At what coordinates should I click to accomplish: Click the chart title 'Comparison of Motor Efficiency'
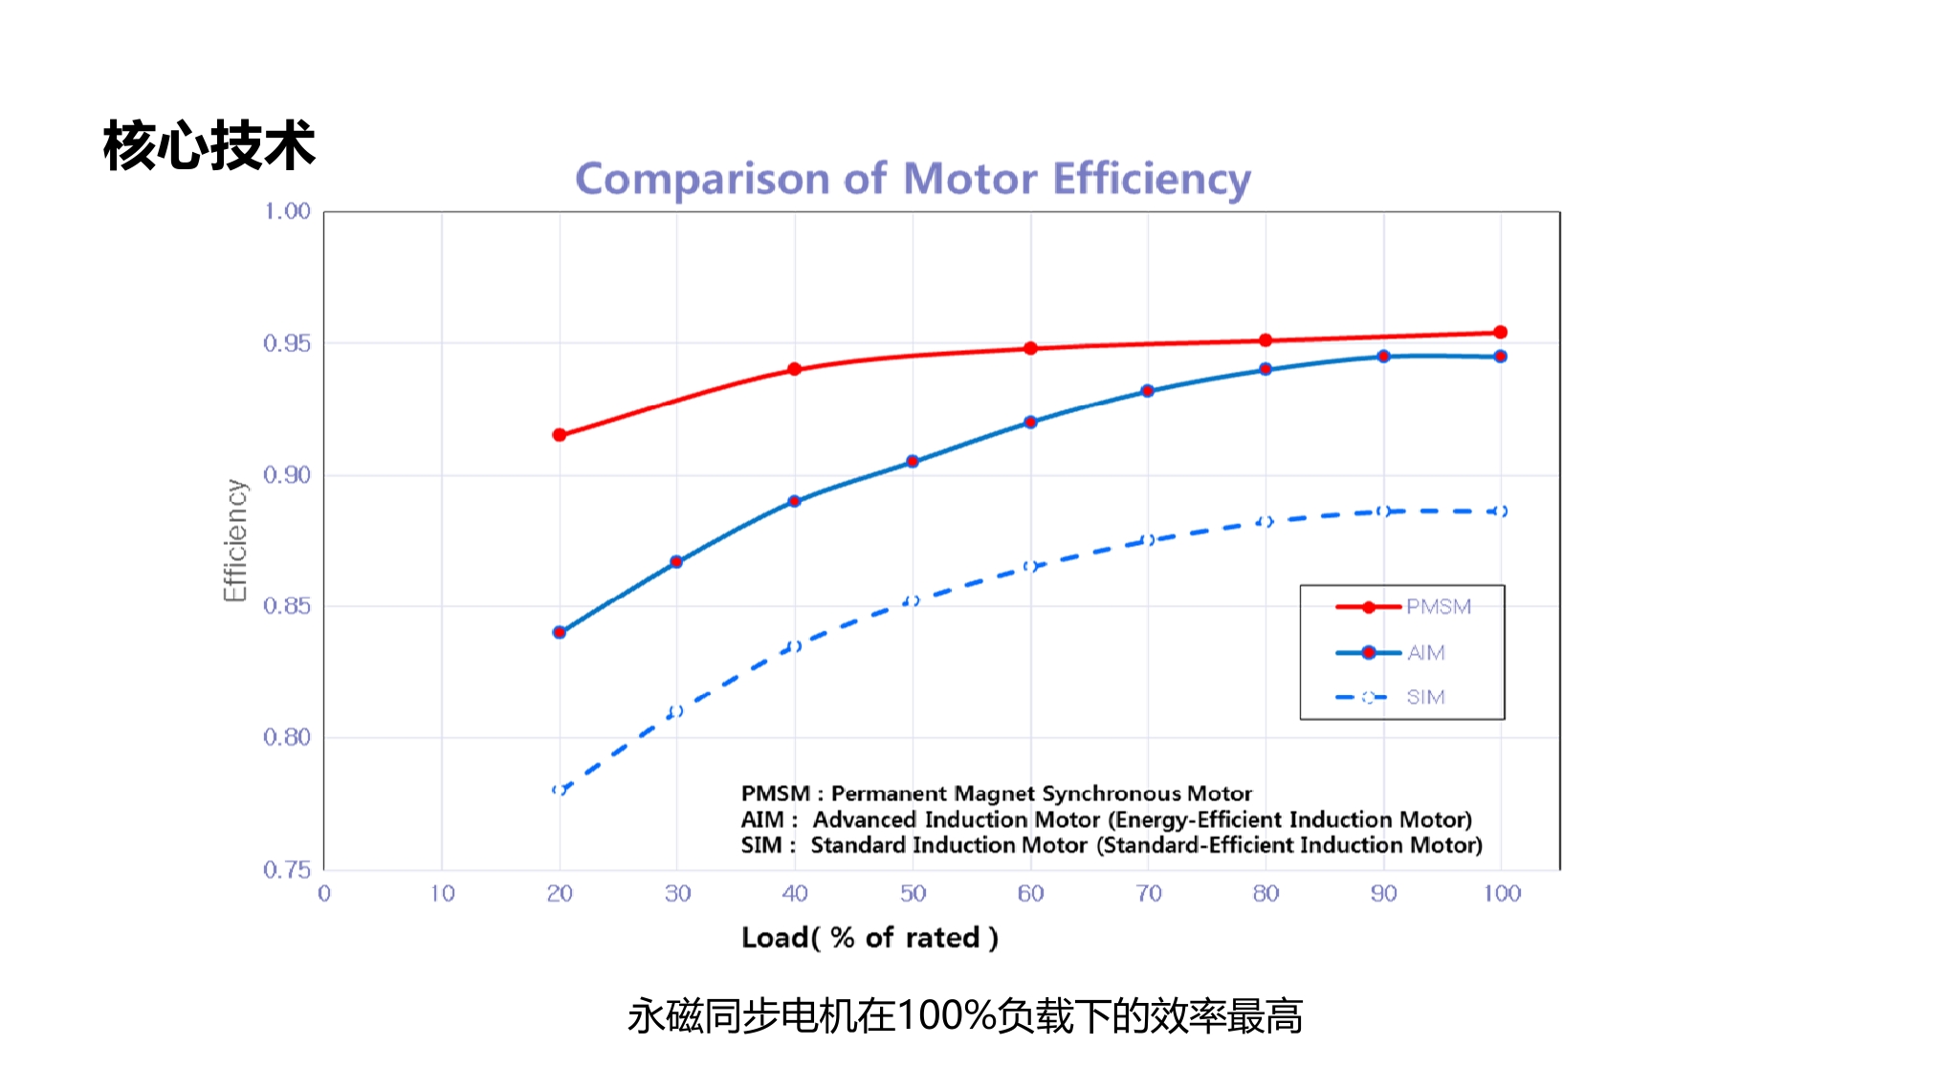click(913, 180)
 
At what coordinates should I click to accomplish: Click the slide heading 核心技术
click(209, 146)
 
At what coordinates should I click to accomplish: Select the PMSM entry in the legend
click(1438, 607)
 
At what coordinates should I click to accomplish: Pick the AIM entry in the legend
click(1425, 653)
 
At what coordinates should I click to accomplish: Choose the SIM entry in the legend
click(1424, 697)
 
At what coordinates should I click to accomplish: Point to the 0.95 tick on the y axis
click(287, 343)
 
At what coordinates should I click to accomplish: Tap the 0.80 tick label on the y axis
click(287, 737)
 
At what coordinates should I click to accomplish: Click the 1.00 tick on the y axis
click(287, 211)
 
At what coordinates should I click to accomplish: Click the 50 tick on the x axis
click(913, 893)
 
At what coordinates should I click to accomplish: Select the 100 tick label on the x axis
click(1502, 893)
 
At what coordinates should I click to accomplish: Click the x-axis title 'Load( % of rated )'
click(869, 937)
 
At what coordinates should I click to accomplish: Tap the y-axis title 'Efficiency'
click(235, 540)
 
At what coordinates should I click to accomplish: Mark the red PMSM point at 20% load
click(560, 435)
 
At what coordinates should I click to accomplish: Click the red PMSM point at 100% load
click(1500, 333)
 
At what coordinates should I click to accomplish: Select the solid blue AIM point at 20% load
click(560, 632)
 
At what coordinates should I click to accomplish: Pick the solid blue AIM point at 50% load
click(913, 462)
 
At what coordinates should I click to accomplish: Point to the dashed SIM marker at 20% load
click(560, 790)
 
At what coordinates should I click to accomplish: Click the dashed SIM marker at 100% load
click(1500, 512)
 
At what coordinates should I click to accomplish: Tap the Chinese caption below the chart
click(964, 1015)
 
